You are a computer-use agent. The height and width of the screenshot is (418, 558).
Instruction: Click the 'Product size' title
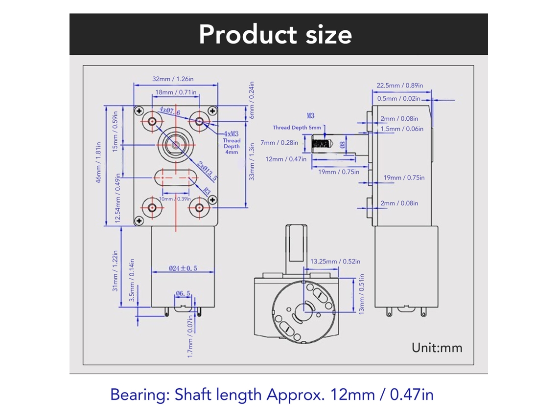(276, 35)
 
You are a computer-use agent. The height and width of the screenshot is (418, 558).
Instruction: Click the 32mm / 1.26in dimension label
(173, 79)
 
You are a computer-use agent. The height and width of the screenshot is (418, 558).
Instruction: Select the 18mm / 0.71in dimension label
(176, 92)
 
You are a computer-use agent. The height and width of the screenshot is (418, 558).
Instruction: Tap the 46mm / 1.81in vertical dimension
(98, 163)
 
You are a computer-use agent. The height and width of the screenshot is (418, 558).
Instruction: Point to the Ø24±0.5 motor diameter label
(183, 268)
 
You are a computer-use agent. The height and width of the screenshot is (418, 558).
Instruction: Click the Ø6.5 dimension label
(183, 294)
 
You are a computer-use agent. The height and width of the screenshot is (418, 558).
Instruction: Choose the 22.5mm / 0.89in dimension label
(400, 85)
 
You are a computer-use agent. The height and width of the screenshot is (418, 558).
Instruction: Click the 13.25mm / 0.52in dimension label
(335, 262)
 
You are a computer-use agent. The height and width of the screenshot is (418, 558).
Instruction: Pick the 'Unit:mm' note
(437, 348)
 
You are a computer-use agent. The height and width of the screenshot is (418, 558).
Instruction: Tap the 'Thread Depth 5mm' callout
(297, 128)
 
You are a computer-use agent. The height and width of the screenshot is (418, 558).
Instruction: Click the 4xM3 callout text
(232, 134)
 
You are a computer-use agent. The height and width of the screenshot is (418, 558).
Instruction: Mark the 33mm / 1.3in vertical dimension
(252, 162)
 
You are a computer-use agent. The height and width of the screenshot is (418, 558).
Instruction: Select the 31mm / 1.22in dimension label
(115, 271)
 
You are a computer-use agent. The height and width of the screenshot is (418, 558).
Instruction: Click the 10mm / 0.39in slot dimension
(175, 199)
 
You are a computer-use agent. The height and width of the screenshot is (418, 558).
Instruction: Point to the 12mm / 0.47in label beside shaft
(286, 159)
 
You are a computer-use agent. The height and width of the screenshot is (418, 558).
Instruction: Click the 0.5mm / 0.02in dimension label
(398, 98)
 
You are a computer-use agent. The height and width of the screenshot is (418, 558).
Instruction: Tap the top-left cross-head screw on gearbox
(139, 111)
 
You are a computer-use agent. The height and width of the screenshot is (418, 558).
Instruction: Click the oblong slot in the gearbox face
(175, 178)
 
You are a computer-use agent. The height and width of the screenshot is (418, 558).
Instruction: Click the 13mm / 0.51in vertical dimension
(362, 294)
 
